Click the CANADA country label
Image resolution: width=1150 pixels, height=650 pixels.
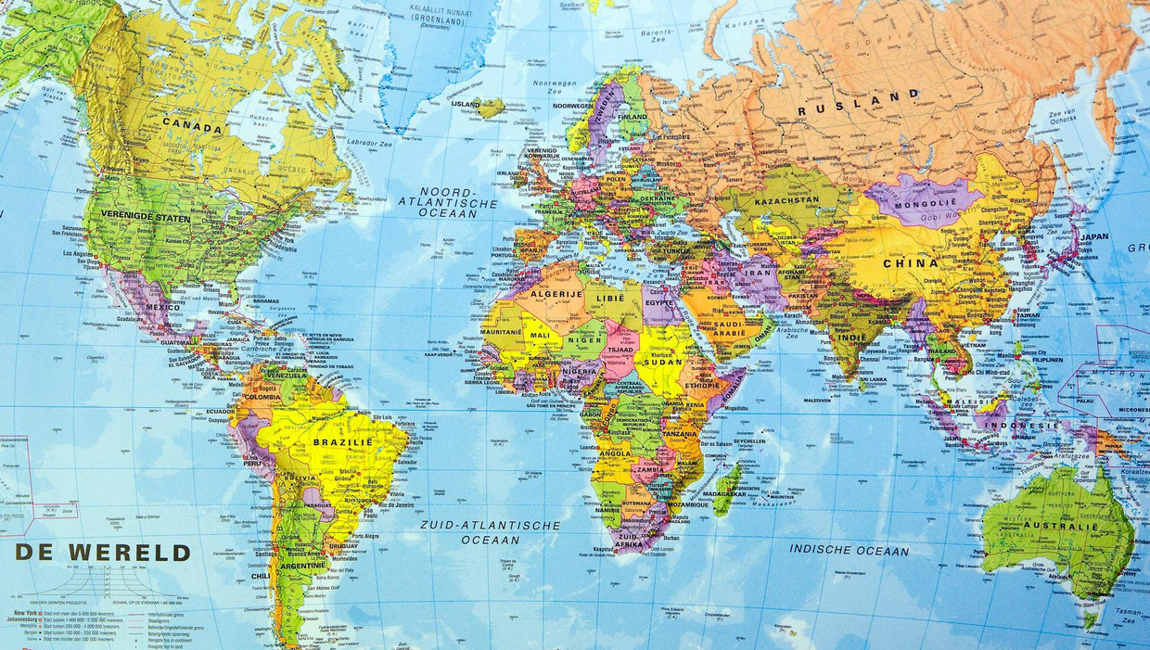pyautogui.click(x=192, y=127)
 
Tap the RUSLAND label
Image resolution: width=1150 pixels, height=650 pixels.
pyautogui.click(x=859, y=103)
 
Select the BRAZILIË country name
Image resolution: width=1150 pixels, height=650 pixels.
pyautogui.click(x=342, y=443)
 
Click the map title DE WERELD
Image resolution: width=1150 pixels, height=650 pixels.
pyautogui.click(x=102, y=554)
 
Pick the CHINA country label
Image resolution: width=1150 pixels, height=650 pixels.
pyautogui.click(x=910, y=262)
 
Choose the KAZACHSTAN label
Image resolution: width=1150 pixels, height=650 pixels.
pyautogui.click(x=787, y=201)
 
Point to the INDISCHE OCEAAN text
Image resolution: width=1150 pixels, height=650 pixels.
pyautogui.click(x=849, y=550)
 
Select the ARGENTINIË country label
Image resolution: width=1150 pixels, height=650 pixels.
pyautogui.click(x=301, y=565)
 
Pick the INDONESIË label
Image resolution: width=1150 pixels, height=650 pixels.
pyautogui.click(x=1022, y=426)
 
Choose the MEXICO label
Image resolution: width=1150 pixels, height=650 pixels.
pyautogui.click(x=162, y=307)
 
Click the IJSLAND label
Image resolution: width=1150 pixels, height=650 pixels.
pyautogui.click(x=466, y=105)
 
